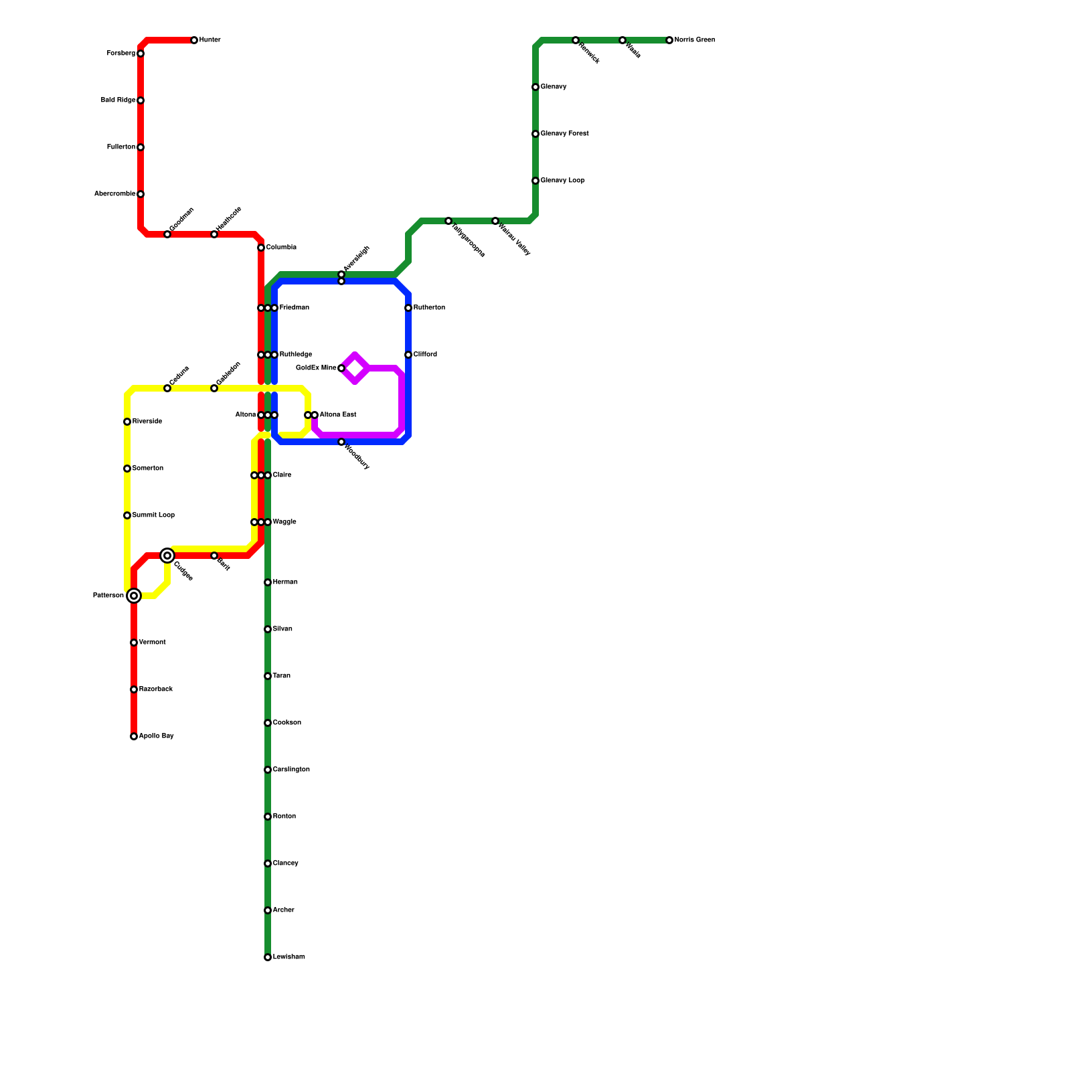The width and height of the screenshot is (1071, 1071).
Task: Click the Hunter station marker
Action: coord(194,40)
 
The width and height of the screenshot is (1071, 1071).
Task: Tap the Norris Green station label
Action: coord(695,40)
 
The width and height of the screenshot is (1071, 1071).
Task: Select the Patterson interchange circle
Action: coord(134,596)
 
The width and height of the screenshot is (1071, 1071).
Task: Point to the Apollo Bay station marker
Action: coord(134,736)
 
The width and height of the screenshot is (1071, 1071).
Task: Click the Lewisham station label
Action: coord(289,957)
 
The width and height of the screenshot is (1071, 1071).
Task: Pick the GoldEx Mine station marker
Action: coord(341,368)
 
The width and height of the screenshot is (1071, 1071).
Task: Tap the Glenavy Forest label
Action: coord(564,134)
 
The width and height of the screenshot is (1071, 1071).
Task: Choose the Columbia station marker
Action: coord(261,248)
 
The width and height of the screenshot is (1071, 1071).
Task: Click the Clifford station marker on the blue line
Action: coord(408,355)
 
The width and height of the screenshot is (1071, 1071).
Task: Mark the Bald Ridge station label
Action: coord(118,100)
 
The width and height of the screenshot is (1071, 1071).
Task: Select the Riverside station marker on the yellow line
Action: coord(127,422)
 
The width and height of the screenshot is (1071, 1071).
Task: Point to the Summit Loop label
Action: coord(153,515)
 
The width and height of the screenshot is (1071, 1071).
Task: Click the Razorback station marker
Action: coord(134,689)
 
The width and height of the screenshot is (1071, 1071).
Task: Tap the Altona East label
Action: coord(338,415)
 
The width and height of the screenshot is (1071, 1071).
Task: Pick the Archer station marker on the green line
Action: coord(268,910)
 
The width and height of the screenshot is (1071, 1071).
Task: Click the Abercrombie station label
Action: coord(114,194)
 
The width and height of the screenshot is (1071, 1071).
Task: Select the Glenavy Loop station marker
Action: coord(535,181)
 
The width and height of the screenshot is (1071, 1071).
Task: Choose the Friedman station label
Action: coord(295,308)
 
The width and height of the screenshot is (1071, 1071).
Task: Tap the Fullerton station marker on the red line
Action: coord(141,147)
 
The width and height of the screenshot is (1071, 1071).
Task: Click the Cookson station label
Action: coord(286,723)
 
